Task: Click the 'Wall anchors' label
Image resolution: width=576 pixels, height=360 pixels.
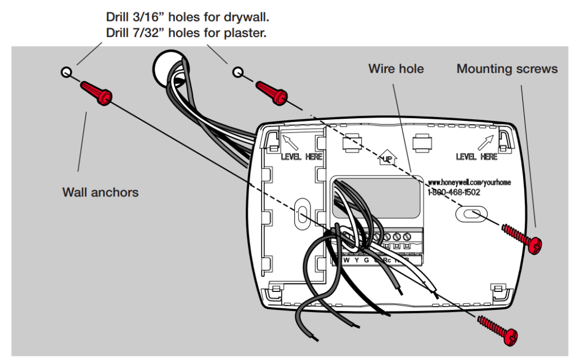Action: pos(100,192)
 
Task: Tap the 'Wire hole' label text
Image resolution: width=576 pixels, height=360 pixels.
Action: pos(396,69)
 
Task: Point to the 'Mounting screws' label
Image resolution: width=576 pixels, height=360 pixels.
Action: pos(507,69)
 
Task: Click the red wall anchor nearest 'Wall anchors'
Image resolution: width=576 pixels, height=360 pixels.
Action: pos(94,93)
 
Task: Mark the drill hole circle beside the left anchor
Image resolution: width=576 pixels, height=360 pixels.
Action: pos(66,72)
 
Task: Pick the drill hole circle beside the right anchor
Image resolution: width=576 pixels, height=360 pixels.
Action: pos(238,72)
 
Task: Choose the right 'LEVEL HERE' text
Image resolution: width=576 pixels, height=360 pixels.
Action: pos(476,156)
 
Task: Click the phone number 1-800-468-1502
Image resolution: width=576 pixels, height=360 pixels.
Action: pos(453,192)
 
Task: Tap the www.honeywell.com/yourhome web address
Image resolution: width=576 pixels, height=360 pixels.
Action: pos(469,183)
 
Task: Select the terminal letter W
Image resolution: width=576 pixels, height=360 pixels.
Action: pos(346,260)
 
